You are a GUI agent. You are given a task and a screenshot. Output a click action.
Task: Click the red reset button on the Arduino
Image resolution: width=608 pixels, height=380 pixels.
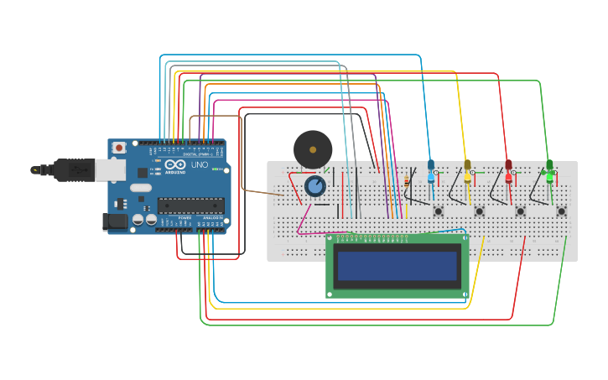[x=119, y=148]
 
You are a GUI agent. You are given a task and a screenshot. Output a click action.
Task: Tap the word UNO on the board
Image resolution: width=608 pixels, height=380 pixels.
[x=200, y=165]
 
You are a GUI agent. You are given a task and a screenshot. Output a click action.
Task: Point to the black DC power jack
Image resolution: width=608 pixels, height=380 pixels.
[x=115, y=221]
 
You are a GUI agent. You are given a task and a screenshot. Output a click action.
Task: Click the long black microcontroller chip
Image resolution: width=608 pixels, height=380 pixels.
[x=190, y=206]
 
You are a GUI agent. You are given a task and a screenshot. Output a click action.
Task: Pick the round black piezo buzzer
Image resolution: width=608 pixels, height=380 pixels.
[x=313, y=149]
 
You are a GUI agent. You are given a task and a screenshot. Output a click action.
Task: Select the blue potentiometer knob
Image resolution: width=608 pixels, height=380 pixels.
[x=315, y=185]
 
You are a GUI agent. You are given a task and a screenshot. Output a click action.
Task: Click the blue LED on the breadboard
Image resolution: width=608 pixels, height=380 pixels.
[x=431, y=169]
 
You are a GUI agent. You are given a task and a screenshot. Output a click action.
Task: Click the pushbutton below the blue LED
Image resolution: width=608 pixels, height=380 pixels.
[x=438, y=211]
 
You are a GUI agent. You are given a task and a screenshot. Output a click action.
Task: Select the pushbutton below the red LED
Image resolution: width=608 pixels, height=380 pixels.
[x=520, y=211]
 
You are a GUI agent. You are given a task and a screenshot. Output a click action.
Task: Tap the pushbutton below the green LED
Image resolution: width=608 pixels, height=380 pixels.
[x=561, y=211]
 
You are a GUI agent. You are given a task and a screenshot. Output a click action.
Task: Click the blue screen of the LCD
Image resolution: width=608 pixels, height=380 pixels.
[x=398, y=266]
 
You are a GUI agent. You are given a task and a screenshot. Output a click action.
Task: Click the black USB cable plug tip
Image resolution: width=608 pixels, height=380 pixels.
[x=35, y=169]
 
